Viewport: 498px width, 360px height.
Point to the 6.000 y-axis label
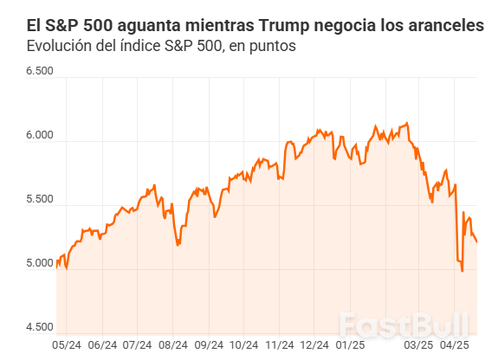tap(40, 136)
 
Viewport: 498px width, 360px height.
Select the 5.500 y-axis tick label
tap(40, 200)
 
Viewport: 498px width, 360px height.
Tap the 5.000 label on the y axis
tap(40, 264)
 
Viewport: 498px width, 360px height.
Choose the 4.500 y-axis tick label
tap(40, 327)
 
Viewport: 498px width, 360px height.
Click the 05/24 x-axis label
tap(67, 344)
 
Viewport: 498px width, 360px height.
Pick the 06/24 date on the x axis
tap(102, 344)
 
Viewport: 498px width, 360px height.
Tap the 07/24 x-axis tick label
tap(137, 344)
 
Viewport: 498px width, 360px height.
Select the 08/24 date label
tap(173, 344)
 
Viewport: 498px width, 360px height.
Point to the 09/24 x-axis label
tap(209, 344)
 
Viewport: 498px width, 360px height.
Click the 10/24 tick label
tap(243, 344)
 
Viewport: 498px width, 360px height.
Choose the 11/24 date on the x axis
tap(280, 344)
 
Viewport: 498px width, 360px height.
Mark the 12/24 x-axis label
tap(314, 344)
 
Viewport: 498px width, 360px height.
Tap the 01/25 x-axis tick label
tap(350, 344)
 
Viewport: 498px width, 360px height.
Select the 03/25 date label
tap(419, 344)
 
